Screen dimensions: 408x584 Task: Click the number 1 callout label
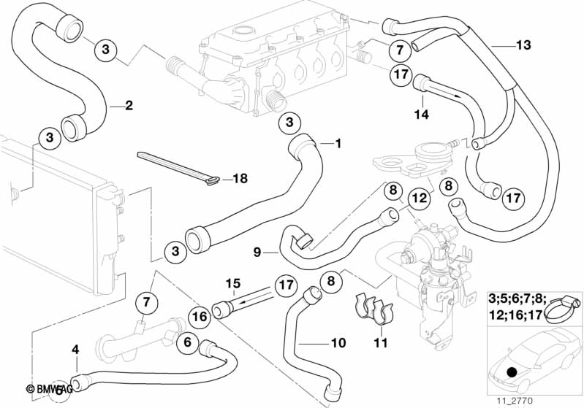(338, 144)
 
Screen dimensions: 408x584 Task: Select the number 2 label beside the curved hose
(129, 106)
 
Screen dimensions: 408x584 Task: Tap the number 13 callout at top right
(523, 45)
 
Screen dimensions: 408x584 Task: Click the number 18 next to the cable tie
(240, 179)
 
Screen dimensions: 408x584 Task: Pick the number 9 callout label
(257, 253)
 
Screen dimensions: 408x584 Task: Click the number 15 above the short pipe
(232, 282)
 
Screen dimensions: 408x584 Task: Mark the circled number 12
(417, 197)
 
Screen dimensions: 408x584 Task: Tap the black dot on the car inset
(510, 373)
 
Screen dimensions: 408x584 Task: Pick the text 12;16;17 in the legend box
(514, 316)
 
